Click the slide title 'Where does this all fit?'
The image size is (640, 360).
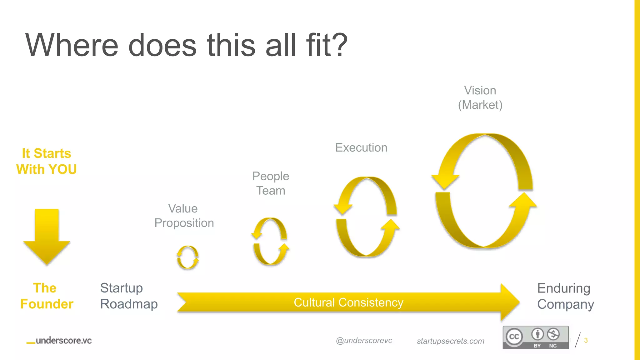pos(186,45)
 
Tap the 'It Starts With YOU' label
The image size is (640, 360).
pos(47,161)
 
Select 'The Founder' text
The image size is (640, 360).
pos(47,296)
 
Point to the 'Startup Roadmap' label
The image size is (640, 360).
pos(129,296)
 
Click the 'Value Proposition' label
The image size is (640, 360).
pos(184,216)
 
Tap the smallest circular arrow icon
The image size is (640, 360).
pos(187,257)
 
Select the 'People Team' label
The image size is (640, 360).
pos(271,183)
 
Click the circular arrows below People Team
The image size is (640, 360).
pos(270,241)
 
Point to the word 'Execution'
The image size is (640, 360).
pos(361,147)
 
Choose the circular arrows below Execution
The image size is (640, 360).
pos(366,217)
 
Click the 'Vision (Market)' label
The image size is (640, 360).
pos(480,97)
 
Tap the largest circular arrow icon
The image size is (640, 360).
pos(484,191)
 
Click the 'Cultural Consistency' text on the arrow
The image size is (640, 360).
pos(348,302)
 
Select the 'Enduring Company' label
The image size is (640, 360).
pos(565,296)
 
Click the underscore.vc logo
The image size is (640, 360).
pos(59,341)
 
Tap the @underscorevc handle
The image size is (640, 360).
pos(364,341)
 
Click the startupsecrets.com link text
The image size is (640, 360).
pos(450,341)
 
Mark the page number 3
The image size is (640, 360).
pos(586,340)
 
